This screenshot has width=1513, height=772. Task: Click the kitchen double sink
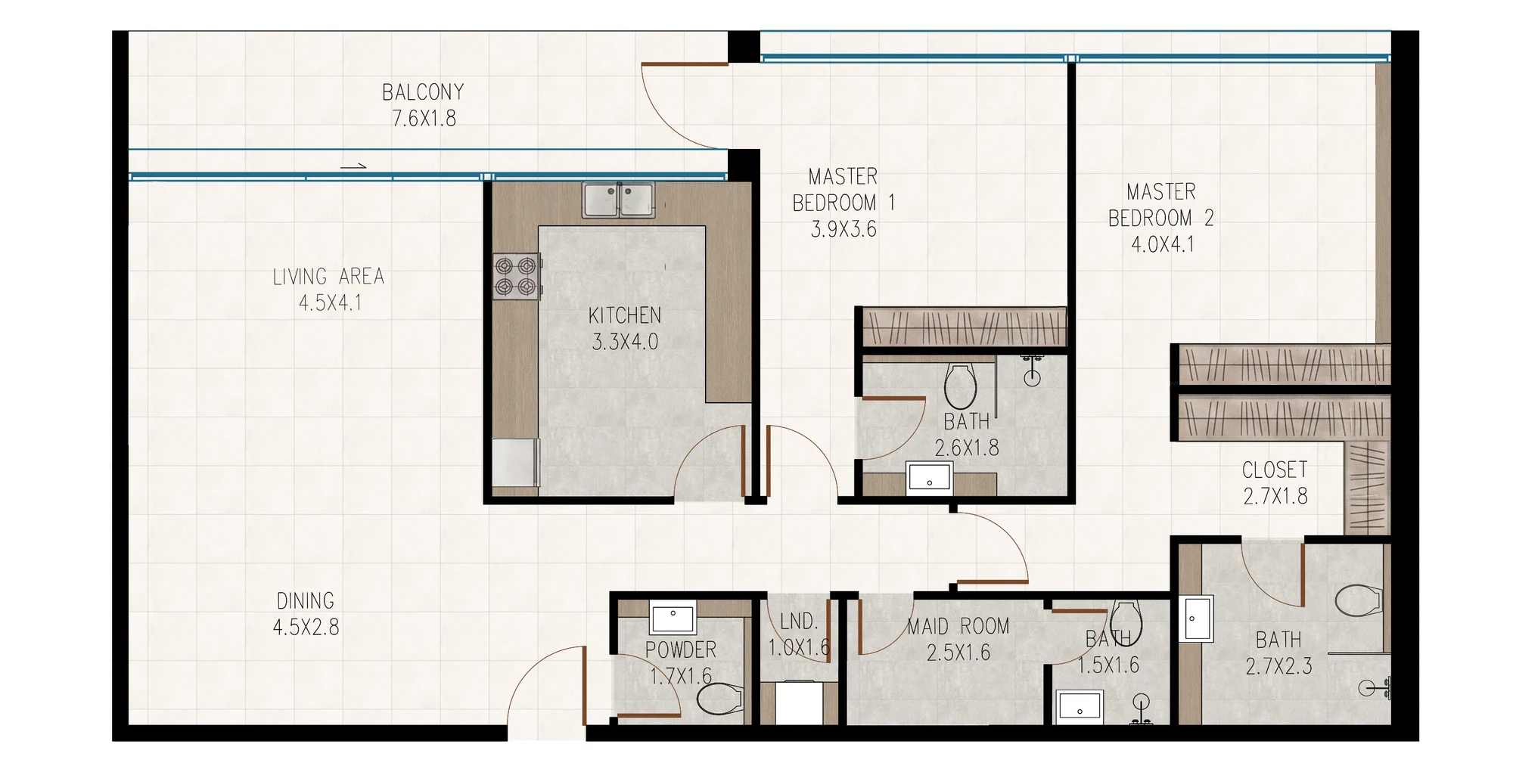coord(618,200)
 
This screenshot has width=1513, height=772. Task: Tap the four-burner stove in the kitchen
coord(517,277)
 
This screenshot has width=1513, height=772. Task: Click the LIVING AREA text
coord(328,277)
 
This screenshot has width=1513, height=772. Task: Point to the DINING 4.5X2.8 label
coord(306,614)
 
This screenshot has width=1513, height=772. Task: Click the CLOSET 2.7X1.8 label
coord(1275,483)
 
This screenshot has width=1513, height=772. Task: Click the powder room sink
coord(673,619)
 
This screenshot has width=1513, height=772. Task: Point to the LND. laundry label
coord(799,622)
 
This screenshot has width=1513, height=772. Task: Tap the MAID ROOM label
coord(958,626)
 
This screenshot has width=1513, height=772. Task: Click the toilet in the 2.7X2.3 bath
coord(1359,601)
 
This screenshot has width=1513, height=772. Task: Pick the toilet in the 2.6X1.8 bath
coord(961,386)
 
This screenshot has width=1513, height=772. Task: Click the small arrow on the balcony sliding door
coord(353,166)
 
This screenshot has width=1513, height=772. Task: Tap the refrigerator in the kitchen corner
coord(516,463)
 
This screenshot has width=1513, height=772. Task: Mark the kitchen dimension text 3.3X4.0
coord(625,342)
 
